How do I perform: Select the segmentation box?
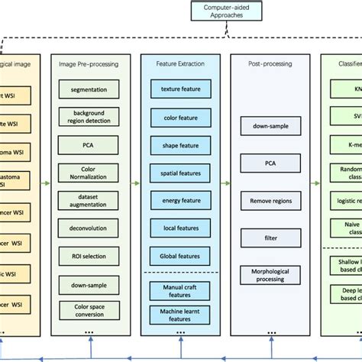pyautogui.click(x=89, y=90)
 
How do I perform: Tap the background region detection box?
pyautogui.click(x=89, y=117)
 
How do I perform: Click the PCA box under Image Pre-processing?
pyautogui.click(x=89, y=145)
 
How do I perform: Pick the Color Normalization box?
pyautogui.click(x=89, y=172)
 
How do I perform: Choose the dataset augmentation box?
pyautogui.click(x=89, y=199)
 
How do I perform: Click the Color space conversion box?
pyautogui.click(x=89, y=310)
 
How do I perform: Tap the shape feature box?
pyautogui.click(x=180, y=145)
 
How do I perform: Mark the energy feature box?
pyautogui.click(x=180, y=199)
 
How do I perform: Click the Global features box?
pyautogui.click(x=180, y=254)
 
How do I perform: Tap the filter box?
pyautogui.click(x=270, y=238)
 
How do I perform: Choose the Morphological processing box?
pyautogui.click(x=270, y=276)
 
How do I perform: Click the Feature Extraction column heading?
pyautogui.click(x=180, y=64)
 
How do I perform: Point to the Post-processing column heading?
pyautogui.click(x=270, y=64)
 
